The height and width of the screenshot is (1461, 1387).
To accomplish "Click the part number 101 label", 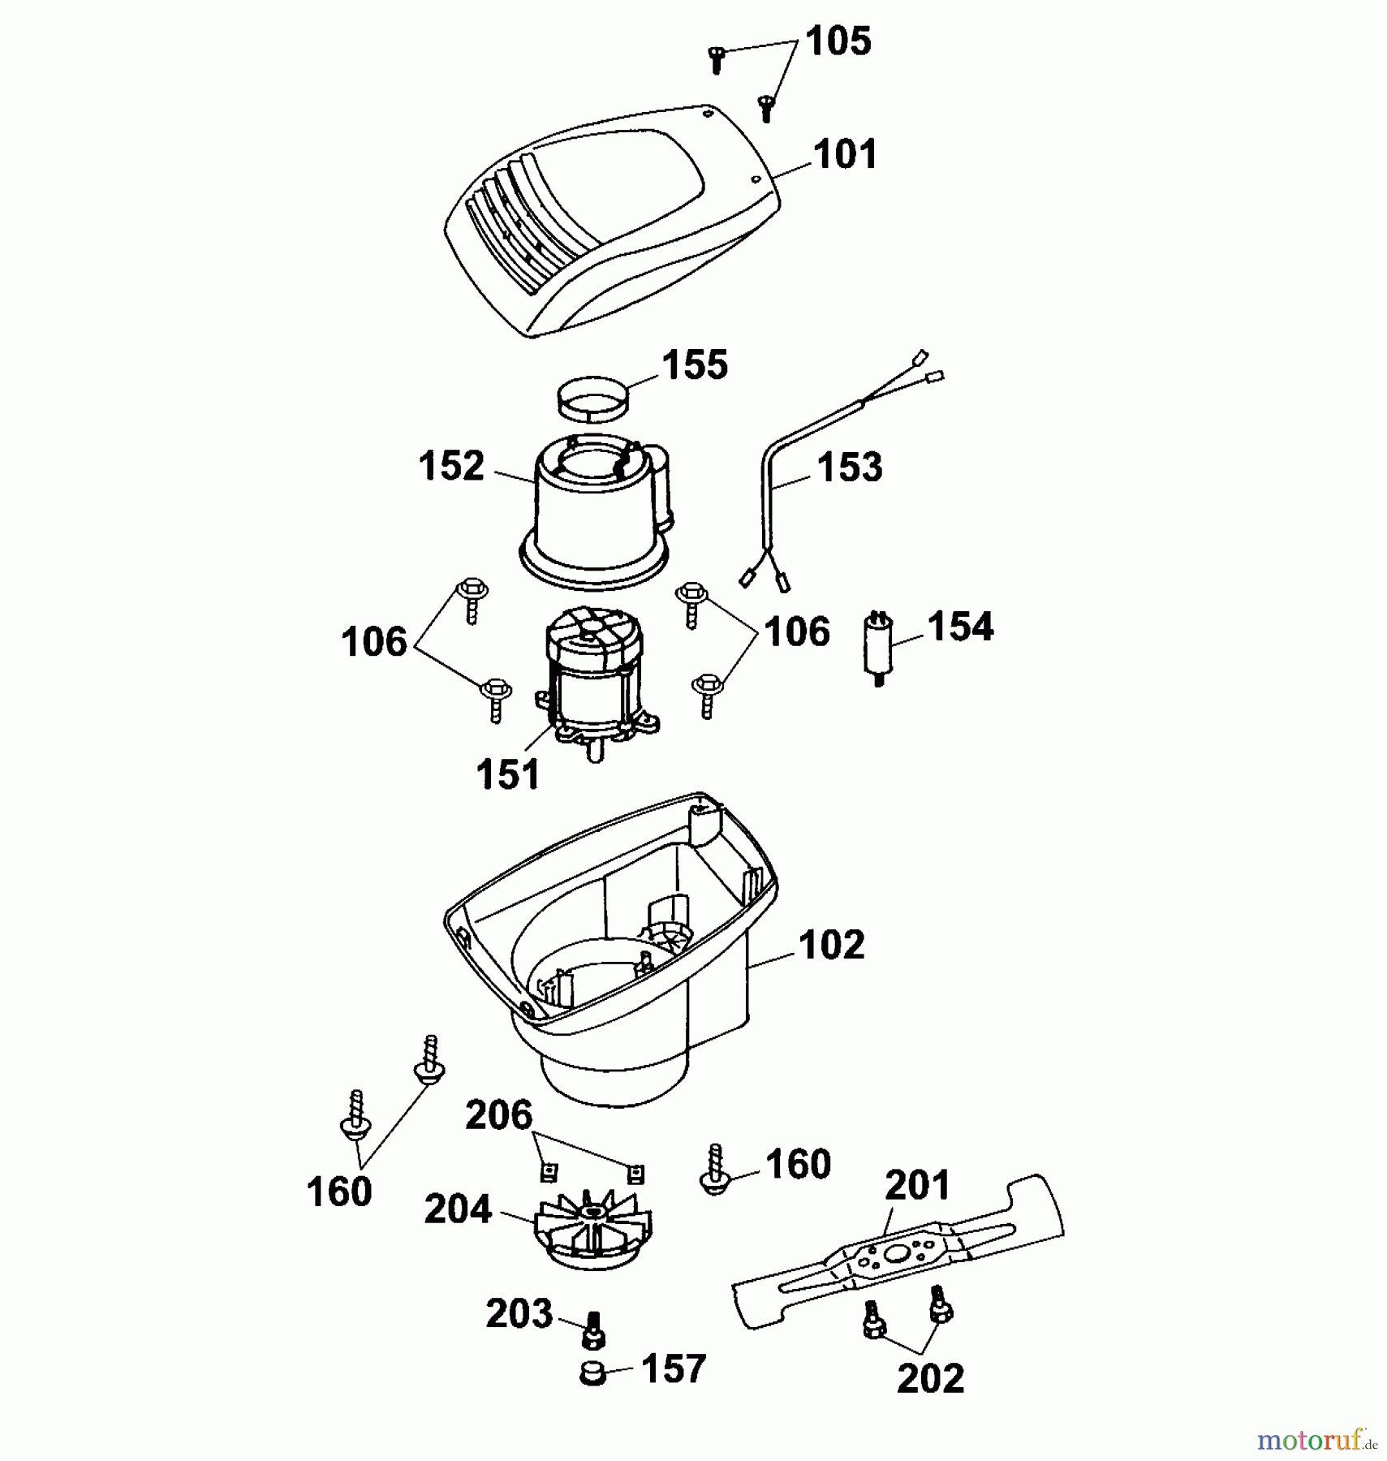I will [845, 154].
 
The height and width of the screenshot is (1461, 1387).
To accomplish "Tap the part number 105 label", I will [838, 41].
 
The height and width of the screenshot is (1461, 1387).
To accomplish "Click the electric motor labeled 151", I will [596, 682].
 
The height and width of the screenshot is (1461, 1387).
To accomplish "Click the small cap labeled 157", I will [593, 1373].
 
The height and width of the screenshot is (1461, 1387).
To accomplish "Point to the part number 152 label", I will [451, 467].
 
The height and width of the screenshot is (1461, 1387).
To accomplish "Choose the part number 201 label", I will [917, 1186].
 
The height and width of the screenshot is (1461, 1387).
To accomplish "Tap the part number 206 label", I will [498, 1115].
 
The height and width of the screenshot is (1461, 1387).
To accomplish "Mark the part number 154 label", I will [960, 627].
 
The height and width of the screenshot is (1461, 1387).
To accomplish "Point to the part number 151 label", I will [508, 774].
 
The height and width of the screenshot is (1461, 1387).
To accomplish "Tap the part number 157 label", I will [673, 1369].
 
